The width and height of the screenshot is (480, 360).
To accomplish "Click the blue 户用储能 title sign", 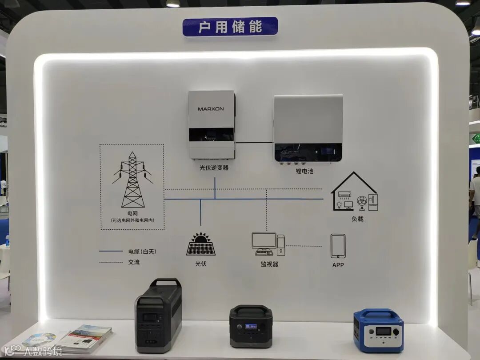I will coord(230,27).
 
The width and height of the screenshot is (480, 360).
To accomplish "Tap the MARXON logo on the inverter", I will coord(211,109).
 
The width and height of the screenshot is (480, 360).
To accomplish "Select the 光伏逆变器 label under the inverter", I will coord(214,168).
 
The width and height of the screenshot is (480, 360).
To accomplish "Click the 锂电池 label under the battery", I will coord(304,171).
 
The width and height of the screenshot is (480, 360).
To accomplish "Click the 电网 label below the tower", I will coord(132,213).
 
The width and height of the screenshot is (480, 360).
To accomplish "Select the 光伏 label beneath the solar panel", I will coord(201,264).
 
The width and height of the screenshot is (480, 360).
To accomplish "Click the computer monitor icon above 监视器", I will coord(264,241).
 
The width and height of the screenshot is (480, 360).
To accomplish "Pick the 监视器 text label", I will coord(269,264).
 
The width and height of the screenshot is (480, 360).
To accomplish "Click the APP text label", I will coord(338,265).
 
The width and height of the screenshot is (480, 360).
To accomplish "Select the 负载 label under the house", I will coord(357,219).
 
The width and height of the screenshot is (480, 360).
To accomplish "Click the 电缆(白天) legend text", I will coord(142,252).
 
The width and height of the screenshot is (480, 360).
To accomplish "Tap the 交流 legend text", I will coord(134,262).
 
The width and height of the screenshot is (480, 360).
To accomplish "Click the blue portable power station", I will coord(378,330).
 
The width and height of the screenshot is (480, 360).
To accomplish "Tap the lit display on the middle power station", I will coord(251,326).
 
